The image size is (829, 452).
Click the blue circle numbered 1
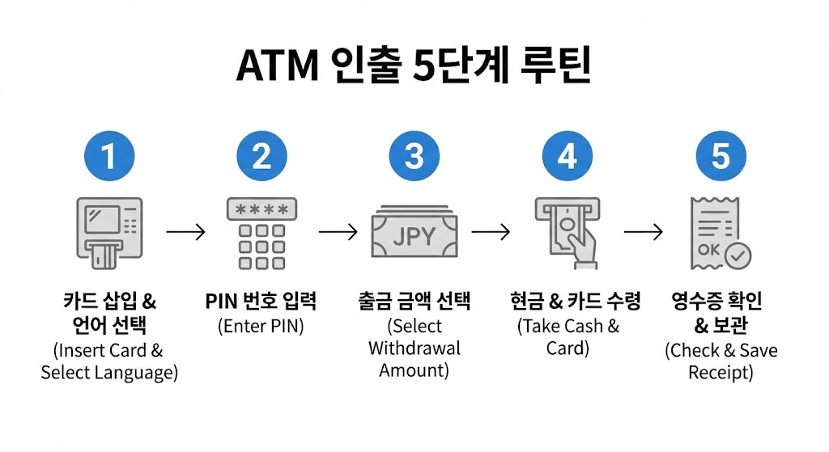coord(108,155)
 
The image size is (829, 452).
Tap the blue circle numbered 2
coord(261,155)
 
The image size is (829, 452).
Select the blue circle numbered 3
coord(414,155)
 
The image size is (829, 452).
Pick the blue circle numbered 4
coord(568,155)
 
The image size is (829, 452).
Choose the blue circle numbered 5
coord(721,155)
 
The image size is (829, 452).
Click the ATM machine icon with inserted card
coord(108,232)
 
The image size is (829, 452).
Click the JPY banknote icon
coord(414,235)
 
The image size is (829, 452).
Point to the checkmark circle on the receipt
coord(738,256)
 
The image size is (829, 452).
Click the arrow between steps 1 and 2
coord(185,233)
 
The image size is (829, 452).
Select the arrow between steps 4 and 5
coord(644,233)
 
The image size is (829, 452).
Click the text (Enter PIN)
coord(261,327)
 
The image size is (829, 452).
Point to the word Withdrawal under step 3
coord(414,349)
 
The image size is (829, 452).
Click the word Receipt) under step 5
coord(721,373)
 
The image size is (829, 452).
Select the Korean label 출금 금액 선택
coord(414,302)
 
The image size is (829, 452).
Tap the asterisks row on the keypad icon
coord(261,209)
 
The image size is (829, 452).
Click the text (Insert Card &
coord(109,351)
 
